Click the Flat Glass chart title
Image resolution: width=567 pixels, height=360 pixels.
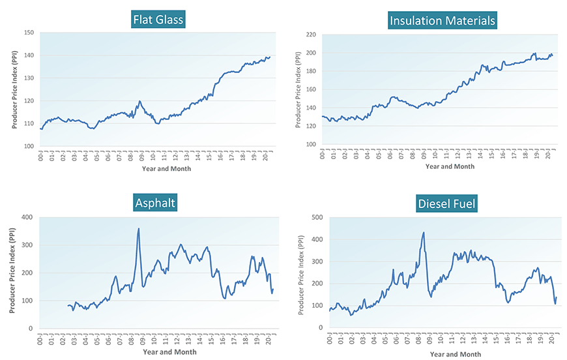tap(158, 20)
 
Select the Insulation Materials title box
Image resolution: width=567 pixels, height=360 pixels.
tap(443, 21)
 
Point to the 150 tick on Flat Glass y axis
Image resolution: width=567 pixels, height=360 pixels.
tap(29, 33)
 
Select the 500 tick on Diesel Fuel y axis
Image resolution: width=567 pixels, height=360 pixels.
tap(317, 217)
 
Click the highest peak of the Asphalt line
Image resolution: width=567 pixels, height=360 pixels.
tap(138, 229)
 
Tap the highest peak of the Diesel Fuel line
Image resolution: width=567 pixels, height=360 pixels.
tap(424, 232)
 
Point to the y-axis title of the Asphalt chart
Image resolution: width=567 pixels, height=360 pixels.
tap(12, 273)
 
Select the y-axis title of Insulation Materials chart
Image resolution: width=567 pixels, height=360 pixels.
tap(298, 89)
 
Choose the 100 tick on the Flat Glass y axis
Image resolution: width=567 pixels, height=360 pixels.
tap(29, 146)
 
